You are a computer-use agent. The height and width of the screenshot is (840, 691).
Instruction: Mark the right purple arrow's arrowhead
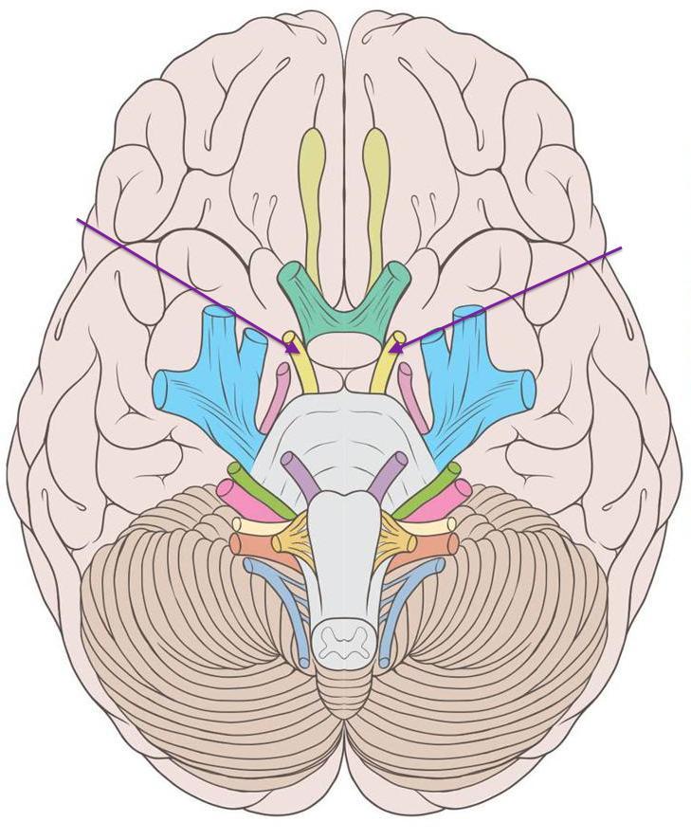tap(391, 351)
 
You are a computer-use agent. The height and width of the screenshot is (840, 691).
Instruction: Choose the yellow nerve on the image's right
tap(384, 366)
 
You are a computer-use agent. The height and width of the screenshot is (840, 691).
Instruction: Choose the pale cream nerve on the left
tap(254, 525)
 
